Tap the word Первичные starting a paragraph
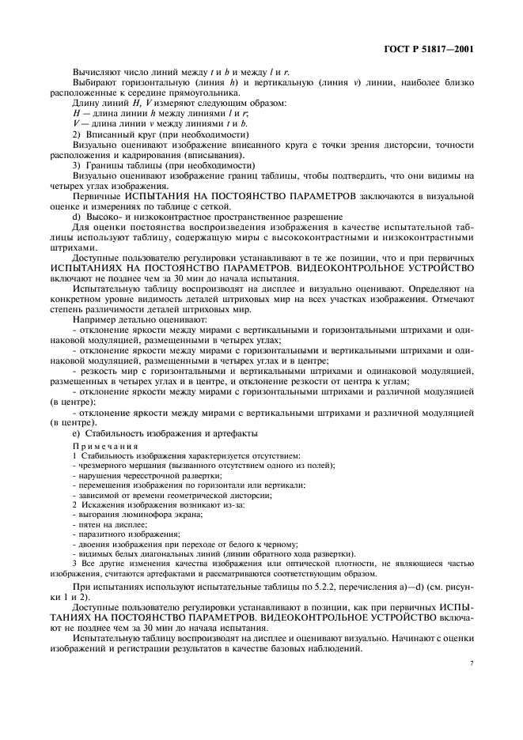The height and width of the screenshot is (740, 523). coord(96,194)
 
